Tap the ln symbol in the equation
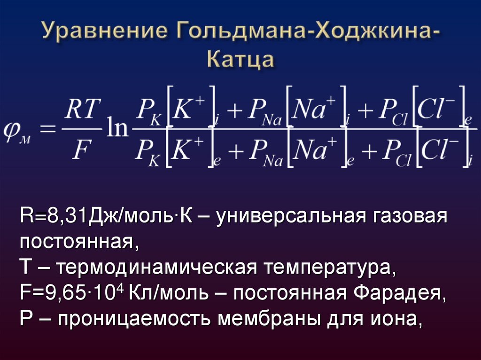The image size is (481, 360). tap(116, 128)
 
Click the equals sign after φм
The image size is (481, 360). tap(47, 128)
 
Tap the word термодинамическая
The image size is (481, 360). tap(155, 268)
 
